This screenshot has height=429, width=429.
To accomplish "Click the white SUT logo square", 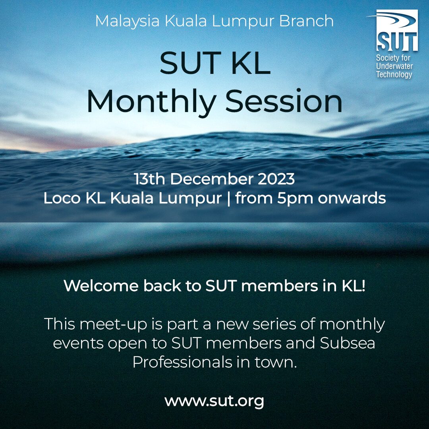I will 397,31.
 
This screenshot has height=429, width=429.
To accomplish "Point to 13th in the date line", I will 149,179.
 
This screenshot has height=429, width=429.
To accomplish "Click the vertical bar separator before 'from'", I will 228,198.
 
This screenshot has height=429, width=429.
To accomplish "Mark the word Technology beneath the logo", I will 394,75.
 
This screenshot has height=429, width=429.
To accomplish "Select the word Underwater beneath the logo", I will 394,66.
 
